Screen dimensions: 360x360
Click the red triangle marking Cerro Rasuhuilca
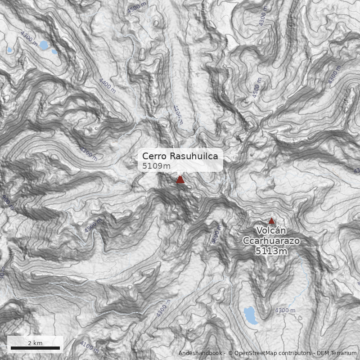pyautogui.click(x=180, y=180)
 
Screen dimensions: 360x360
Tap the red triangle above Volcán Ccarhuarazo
pyautogui.click(x=272, y=221)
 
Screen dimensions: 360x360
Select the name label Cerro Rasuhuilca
pyautogui.click(x=180, y=156)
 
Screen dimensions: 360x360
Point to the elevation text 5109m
pyautogui.click(x=156, y=166)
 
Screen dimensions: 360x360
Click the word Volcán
pyautogui.click(x=271, y=231)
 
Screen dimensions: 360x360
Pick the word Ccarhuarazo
pyautogui.click(x=271, y=241)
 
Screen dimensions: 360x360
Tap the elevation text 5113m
pyautogui.click(x=271, y=251)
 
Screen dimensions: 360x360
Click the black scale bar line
pyautogui.click(x=35, y=348)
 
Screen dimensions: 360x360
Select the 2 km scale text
pyautogui.click(x=35, y=343)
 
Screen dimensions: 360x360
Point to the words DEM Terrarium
pyautogui.click(x=337, y=353)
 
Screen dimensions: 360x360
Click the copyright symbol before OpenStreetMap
pyautogui.click(x=230, y=353)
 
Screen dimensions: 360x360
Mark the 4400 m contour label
pyautogui.click(x=107, y=85)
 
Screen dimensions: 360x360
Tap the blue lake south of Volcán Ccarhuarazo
pyautogui.click(x=251, y=315)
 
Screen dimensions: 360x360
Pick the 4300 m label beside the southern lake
pyautogui.click(x=285, y=310)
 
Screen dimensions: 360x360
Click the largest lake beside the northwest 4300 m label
pyautogui.click(x=44, y=45)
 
